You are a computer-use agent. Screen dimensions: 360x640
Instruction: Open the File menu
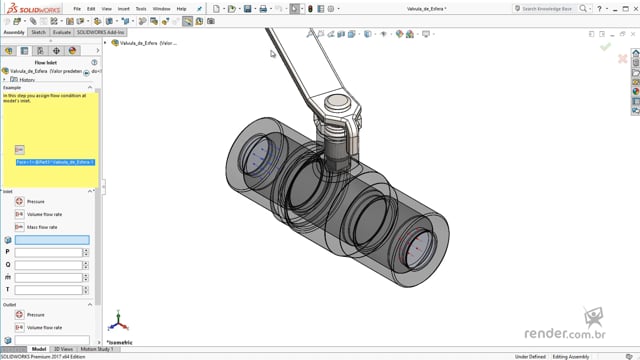point(77,8)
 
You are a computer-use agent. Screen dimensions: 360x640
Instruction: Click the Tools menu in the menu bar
point(141,8)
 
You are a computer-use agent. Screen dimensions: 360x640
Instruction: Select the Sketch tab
point(38,32)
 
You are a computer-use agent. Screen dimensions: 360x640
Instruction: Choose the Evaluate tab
point(61,32)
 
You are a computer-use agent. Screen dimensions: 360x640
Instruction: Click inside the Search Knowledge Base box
point(560,8)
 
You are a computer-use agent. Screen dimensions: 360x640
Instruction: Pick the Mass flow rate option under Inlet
point(19,227)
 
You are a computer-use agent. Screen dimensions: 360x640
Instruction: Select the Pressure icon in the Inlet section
point(19,201)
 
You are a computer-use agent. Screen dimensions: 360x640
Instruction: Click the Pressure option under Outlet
point(19,314)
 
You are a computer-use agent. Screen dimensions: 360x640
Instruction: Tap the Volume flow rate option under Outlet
point(19,327)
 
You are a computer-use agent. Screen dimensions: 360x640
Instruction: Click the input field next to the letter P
point(47,252)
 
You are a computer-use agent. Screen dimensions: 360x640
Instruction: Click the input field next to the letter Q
point(47,265)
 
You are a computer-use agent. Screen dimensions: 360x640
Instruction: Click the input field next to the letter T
point(47,290)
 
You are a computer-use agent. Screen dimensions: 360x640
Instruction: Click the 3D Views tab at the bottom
point(63,349)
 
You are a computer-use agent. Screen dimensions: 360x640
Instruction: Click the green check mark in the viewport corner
point(605,46)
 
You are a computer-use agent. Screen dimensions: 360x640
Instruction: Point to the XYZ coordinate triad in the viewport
point(119,322)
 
